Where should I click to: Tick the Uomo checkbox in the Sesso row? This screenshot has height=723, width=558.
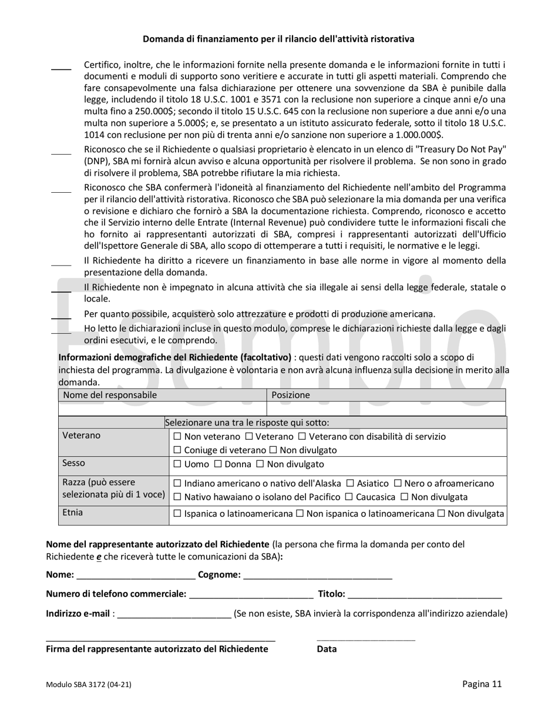(x=178, y=464)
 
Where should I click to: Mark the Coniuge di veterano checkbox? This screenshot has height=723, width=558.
(x=178, y=450)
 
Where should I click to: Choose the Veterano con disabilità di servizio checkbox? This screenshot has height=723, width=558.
(x=302, y=437)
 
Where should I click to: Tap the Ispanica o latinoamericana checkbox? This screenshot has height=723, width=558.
(x=178, y=514)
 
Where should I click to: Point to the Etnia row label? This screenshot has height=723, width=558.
(x=73, y=513)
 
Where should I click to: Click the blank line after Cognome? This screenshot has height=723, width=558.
(x=317, y=575)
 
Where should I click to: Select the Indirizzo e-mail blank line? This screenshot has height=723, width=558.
(x=174, y=614)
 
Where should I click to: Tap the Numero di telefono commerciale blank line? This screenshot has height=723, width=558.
(x=251, y=594)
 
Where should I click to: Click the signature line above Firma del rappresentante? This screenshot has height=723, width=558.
(x=160, y=638)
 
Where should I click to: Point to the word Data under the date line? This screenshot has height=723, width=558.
(x=327, y=649)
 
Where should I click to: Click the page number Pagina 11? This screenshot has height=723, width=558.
(x=482, y=684)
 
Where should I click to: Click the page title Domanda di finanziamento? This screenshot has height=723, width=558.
(x=278, y=39)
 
